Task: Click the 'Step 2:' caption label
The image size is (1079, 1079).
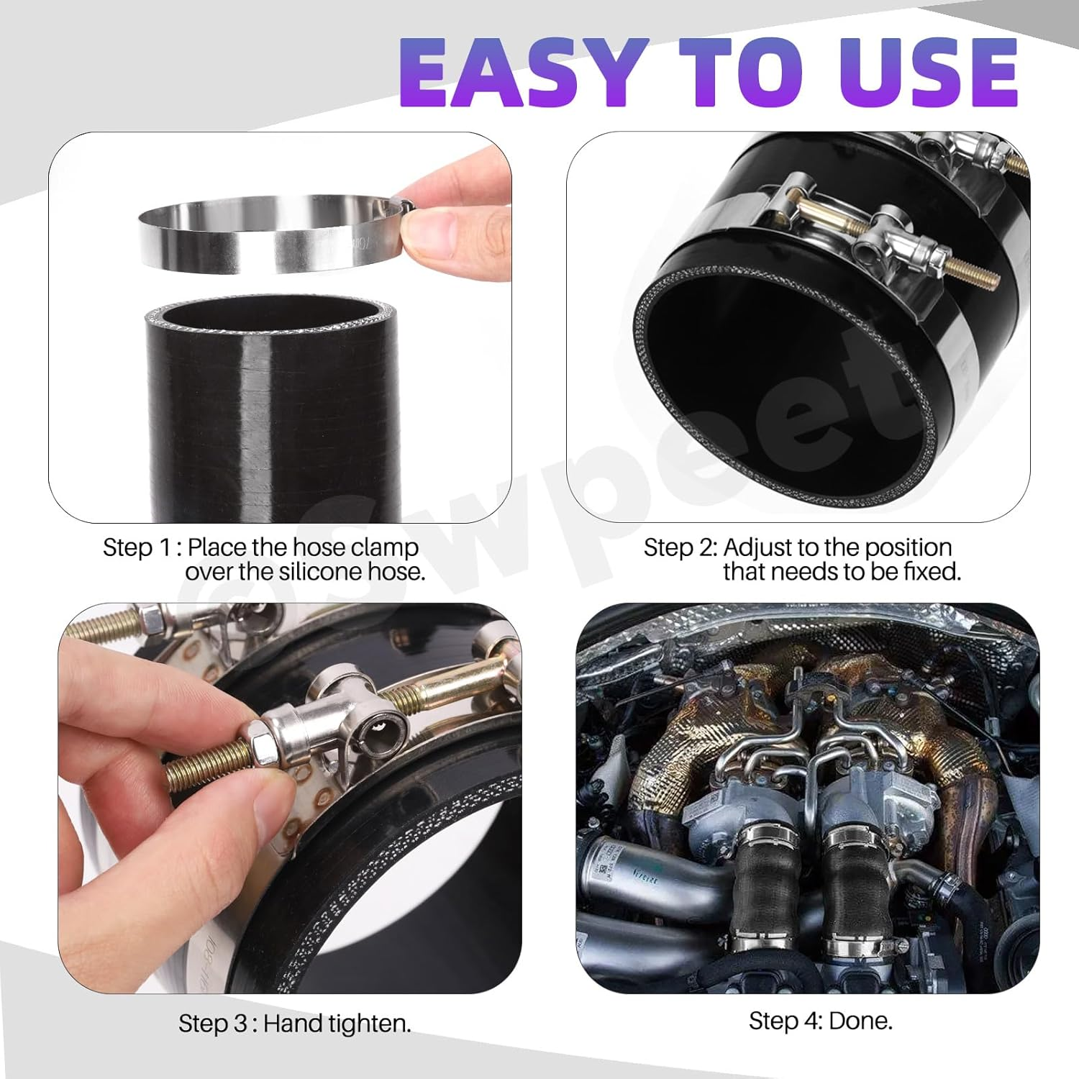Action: (680, 547)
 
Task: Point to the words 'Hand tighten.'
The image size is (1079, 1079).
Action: (337, 1023)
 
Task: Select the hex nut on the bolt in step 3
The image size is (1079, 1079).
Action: (258, 751)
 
